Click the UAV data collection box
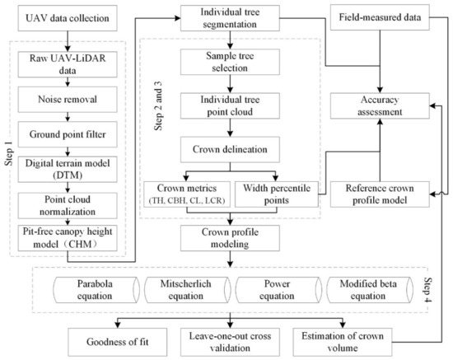coord(68,18)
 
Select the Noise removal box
coord(68,100)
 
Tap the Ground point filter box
coord(68,134)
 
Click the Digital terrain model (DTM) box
coord(68,170)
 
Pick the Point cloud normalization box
coord(68,205)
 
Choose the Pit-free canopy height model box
coord(68,238)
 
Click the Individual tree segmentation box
coord(230,18)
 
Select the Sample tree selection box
coord(230,62)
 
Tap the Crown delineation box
coord(230,149)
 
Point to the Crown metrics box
coord(187,194)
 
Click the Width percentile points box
coord(277,194)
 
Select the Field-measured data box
coord(380,17)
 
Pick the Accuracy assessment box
coord(380,105)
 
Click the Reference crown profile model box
coord(380,194)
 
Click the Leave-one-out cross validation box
coord(230,342)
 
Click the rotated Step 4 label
coord(427,290)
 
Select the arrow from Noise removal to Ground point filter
coord(68,117)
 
